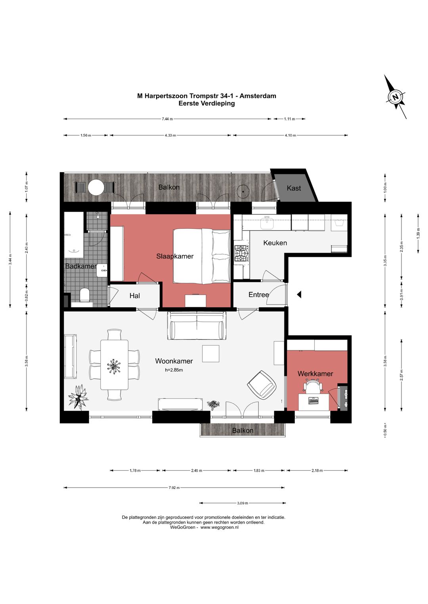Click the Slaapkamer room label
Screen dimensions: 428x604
pyautogui.click(x=175, y=256)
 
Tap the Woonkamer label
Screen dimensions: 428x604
pyautogui.click(x=174, y=361)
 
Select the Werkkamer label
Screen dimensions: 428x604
pyautogui.click(x=315, y=374)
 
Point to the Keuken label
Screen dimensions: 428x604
pyautogui.click(x=275, y=243)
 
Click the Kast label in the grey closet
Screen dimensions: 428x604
pyautogui.click(x=294, y=188)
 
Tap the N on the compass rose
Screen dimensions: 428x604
pyautogui.click(x=396, y=97)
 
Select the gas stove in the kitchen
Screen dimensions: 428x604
pyautogui.click(x=241, y=253)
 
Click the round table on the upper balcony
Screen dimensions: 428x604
pyautogui.click(x=96, y=187)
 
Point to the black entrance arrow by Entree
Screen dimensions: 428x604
pyautogui.click(x=299, y=295)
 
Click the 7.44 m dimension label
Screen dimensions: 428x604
pyautogui.click(x=167, y=119)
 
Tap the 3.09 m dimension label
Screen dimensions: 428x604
pyautogui.click(x=243, y=503)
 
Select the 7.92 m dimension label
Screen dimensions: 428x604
pyautogui.click(x=174, y=488)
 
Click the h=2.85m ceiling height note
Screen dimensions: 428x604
pyautogui.click(x=174, y=370)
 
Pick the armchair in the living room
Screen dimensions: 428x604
pyautogui.click(x=262, y=385)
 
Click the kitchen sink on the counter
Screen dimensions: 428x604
pyautogui.click(x=267, y=223)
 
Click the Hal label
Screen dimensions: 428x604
pyautogui.click(x=134, y=296)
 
